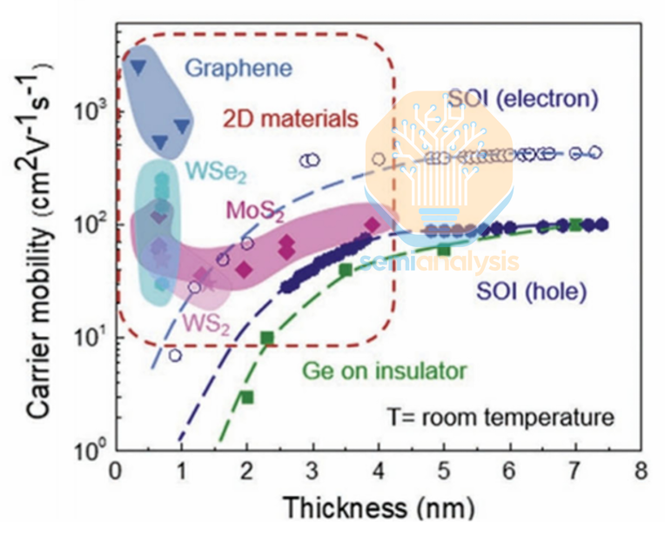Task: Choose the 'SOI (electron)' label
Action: [522, 98]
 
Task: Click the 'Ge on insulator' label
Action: [384, 372]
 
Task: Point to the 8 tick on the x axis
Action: [641, 471]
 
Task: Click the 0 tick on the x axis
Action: [116, 471]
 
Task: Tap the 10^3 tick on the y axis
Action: [86, 112]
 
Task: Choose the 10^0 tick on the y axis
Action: [86, 451]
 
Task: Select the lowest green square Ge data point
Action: [247, 397]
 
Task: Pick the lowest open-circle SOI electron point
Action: [175, 355]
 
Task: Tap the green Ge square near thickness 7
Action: [575, 224]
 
